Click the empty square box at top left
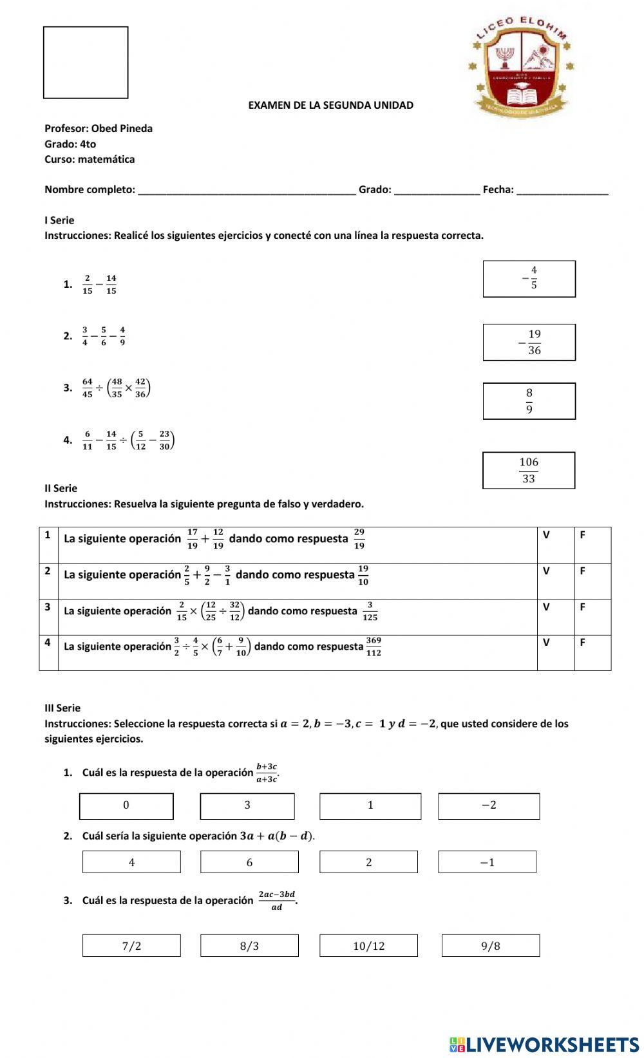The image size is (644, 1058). point(86,62)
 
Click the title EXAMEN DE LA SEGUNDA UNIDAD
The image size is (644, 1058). point(331,105)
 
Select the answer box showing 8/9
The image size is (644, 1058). point(529,401)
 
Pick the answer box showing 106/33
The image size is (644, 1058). point(529,470)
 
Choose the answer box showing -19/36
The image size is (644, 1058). point(529,343)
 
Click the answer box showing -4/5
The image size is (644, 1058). point(529,279)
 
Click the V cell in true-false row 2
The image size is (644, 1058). point(555,581)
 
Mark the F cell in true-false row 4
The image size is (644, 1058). point(592,653)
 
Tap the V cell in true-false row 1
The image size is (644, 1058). point(555,545)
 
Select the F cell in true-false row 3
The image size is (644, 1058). point(592,618)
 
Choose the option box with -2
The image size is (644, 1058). point(489,806)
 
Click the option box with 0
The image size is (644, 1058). point(126,806)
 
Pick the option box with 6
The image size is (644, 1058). point(249,862)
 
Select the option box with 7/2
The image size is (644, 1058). point(131,945)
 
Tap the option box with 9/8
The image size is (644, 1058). point(490,945)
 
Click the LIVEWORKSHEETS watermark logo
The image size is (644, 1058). point(544,1044)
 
